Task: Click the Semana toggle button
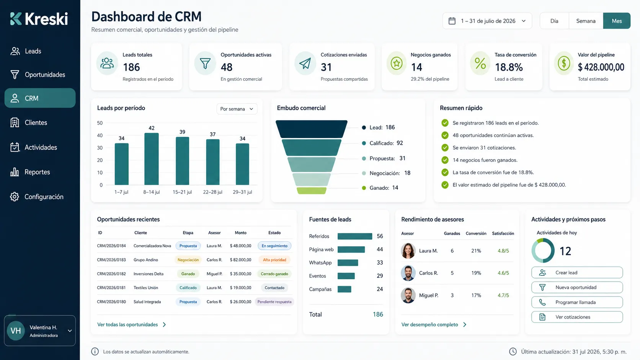pos(586,21)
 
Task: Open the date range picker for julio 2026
pos(487,21)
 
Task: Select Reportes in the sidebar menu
pos(37,172)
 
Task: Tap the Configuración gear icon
pos(14,197)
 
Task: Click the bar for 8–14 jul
pos(152,159)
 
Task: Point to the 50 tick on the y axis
pos(100,123)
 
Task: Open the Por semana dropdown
pos(237,109)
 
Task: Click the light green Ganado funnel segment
pos(312,191)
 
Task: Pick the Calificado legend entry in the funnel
pos(382,143)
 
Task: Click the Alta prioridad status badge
pos(274,260)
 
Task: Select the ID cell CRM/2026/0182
pos(111,274)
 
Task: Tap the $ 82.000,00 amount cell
pos(240,260)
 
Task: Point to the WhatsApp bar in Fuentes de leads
pos(348,263)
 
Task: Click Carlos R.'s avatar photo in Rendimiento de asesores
pos(408,273)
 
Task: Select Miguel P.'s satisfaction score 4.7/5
pos(503,295)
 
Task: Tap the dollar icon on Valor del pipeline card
pos(564,63)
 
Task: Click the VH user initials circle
pos(16,331)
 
